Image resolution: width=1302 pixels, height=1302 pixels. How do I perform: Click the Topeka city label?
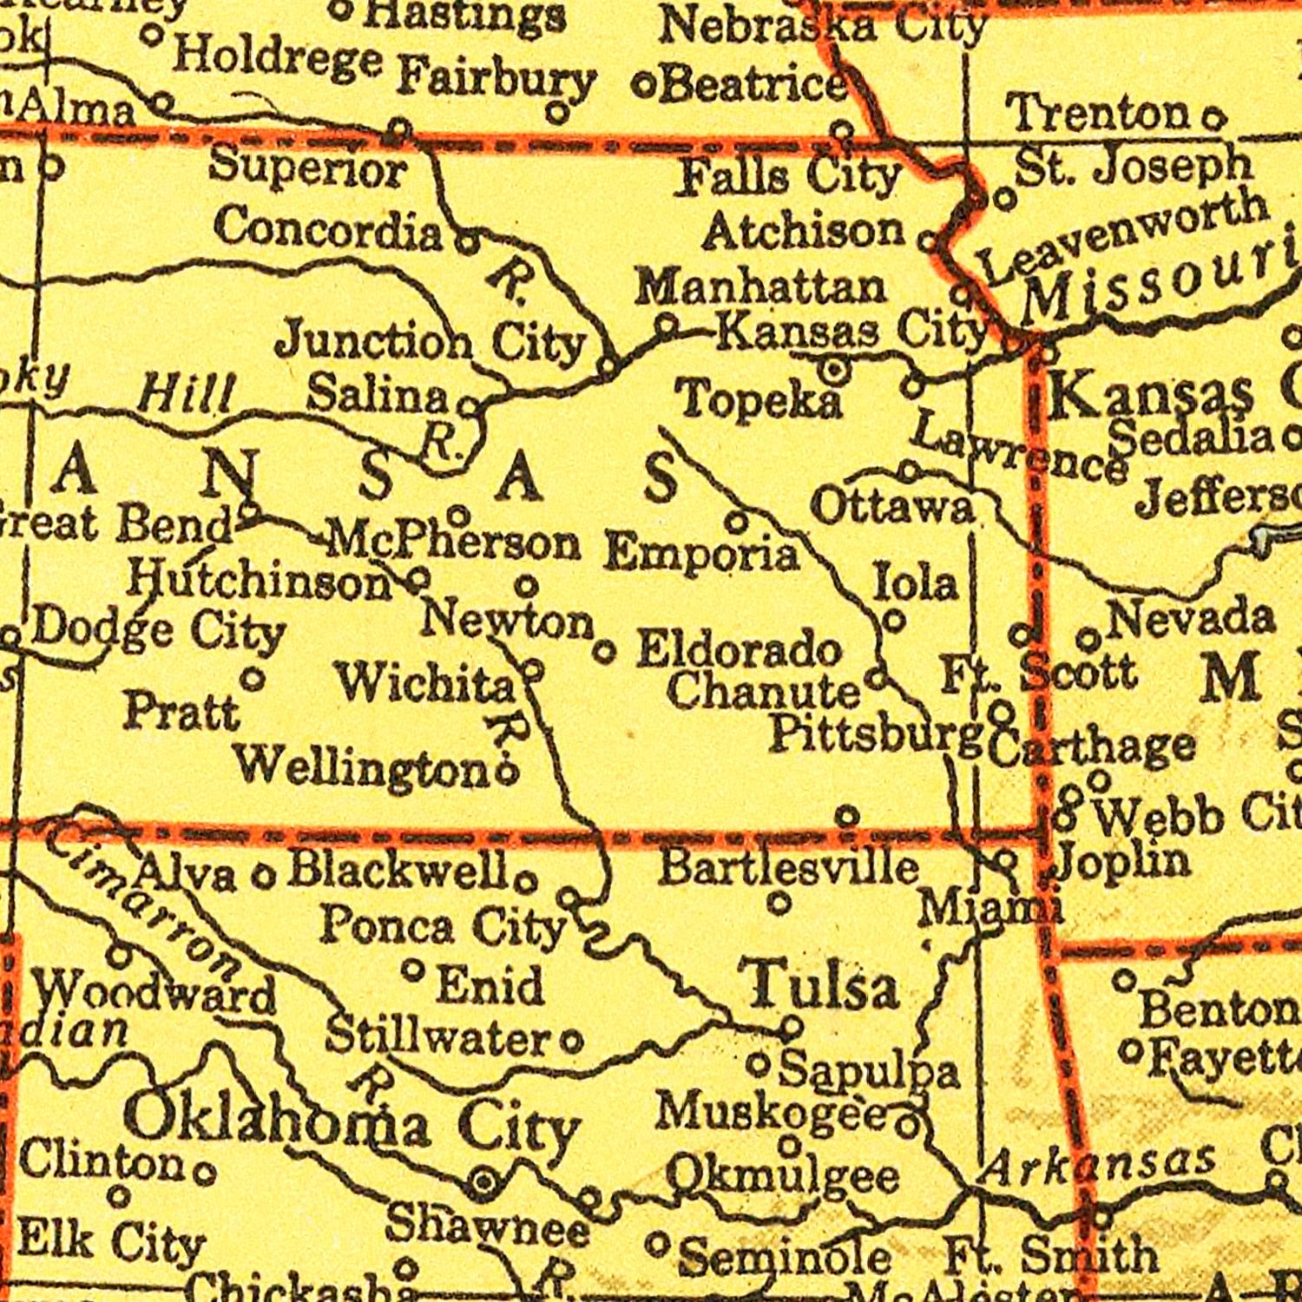coord(760,400)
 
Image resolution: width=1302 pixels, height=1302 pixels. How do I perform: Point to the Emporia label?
coord(701,553)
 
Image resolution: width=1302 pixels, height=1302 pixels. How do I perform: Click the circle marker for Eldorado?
coord(606,651)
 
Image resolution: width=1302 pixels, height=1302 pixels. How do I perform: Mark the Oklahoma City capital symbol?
coord(484,1181)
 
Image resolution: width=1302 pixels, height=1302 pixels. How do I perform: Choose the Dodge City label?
coord(159,631)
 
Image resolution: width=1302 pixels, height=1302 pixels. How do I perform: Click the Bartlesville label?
coord(788,867)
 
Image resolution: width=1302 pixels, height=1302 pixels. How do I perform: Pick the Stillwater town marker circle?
coord(571,1041)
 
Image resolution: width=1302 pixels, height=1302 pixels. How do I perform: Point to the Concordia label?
coord(328,229)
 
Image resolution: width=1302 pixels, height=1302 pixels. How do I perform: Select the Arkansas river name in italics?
coord(1097,1163)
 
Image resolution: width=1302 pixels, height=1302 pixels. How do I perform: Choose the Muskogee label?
coord(772,1112)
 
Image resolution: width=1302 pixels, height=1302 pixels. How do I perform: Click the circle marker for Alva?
coord(263,876)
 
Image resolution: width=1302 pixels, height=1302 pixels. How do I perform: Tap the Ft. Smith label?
coord(1050,1255)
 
